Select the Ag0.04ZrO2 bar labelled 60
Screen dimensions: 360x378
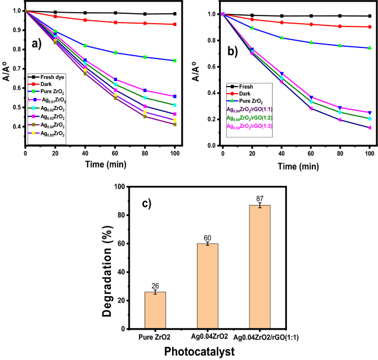pyautogui.click(x=207, y=286)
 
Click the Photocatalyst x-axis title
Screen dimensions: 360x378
pyautogui.click(x=208, y=350)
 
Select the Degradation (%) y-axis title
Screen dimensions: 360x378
pyautogui.click(x=108, y=257)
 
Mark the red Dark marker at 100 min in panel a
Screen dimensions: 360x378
pyautogui.click(x=174, y=24)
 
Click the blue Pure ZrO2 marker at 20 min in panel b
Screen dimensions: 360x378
pyautogui.click(x=252, y=28)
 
